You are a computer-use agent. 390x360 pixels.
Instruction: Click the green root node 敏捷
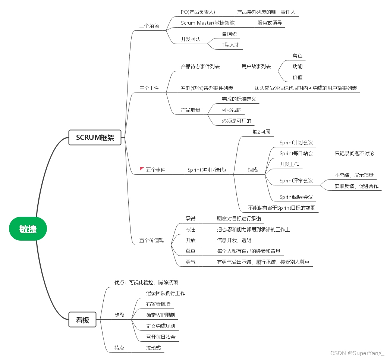[28, 229]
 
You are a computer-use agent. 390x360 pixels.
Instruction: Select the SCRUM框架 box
[95, 137]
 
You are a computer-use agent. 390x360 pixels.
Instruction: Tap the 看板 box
[82, 319]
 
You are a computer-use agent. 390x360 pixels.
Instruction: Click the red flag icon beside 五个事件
[142, 170]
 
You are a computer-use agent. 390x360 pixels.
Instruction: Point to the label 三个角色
[149, 26]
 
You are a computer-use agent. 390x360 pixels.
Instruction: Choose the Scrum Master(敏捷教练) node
[208, 22]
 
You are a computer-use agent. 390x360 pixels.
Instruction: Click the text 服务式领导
[270, 22]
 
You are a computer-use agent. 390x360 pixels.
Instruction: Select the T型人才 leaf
[230, 45]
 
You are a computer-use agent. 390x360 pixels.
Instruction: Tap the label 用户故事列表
[256, 66]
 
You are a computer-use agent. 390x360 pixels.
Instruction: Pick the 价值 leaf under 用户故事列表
[298, 77]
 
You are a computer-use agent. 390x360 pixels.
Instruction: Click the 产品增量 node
[191, 110]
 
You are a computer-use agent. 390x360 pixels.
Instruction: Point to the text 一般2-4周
[259, 132]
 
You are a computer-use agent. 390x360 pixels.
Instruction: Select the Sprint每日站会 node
[296, 153]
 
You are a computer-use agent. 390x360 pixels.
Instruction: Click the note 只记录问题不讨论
[354, 153]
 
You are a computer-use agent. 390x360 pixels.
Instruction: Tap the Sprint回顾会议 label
[296, 197]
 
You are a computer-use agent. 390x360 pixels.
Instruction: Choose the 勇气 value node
[191, 262]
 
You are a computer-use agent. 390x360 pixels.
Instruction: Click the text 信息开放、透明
[234, 240]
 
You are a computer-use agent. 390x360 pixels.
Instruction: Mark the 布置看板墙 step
[158, 304]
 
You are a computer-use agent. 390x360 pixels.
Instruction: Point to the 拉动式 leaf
[153, 348]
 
